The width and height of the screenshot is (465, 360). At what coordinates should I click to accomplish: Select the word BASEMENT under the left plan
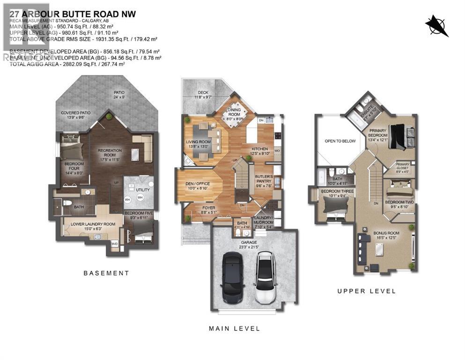(106, 273)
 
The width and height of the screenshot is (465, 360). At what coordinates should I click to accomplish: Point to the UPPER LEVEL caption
(367, 291)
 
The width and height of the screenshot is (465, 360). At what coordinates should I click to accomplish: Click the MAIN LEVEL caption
(234, 329)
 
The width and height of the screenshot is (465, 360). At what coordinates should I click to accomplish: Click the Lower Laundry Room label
(93, 224)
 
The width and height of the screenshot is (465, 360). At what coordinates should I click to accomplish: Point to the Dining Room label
(234, 112)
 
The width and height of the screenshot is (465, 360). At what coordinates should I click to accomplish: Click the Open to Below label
(340, 141)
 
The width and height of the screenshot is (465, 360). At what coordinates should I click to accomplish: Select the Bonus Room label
(386, 233)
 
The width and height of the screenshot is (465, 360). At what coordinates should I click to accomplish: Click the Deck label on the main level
(202, 92)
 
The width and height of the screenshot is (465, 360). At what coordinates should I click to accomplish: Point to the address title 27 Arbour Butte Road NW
(73, 14)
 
